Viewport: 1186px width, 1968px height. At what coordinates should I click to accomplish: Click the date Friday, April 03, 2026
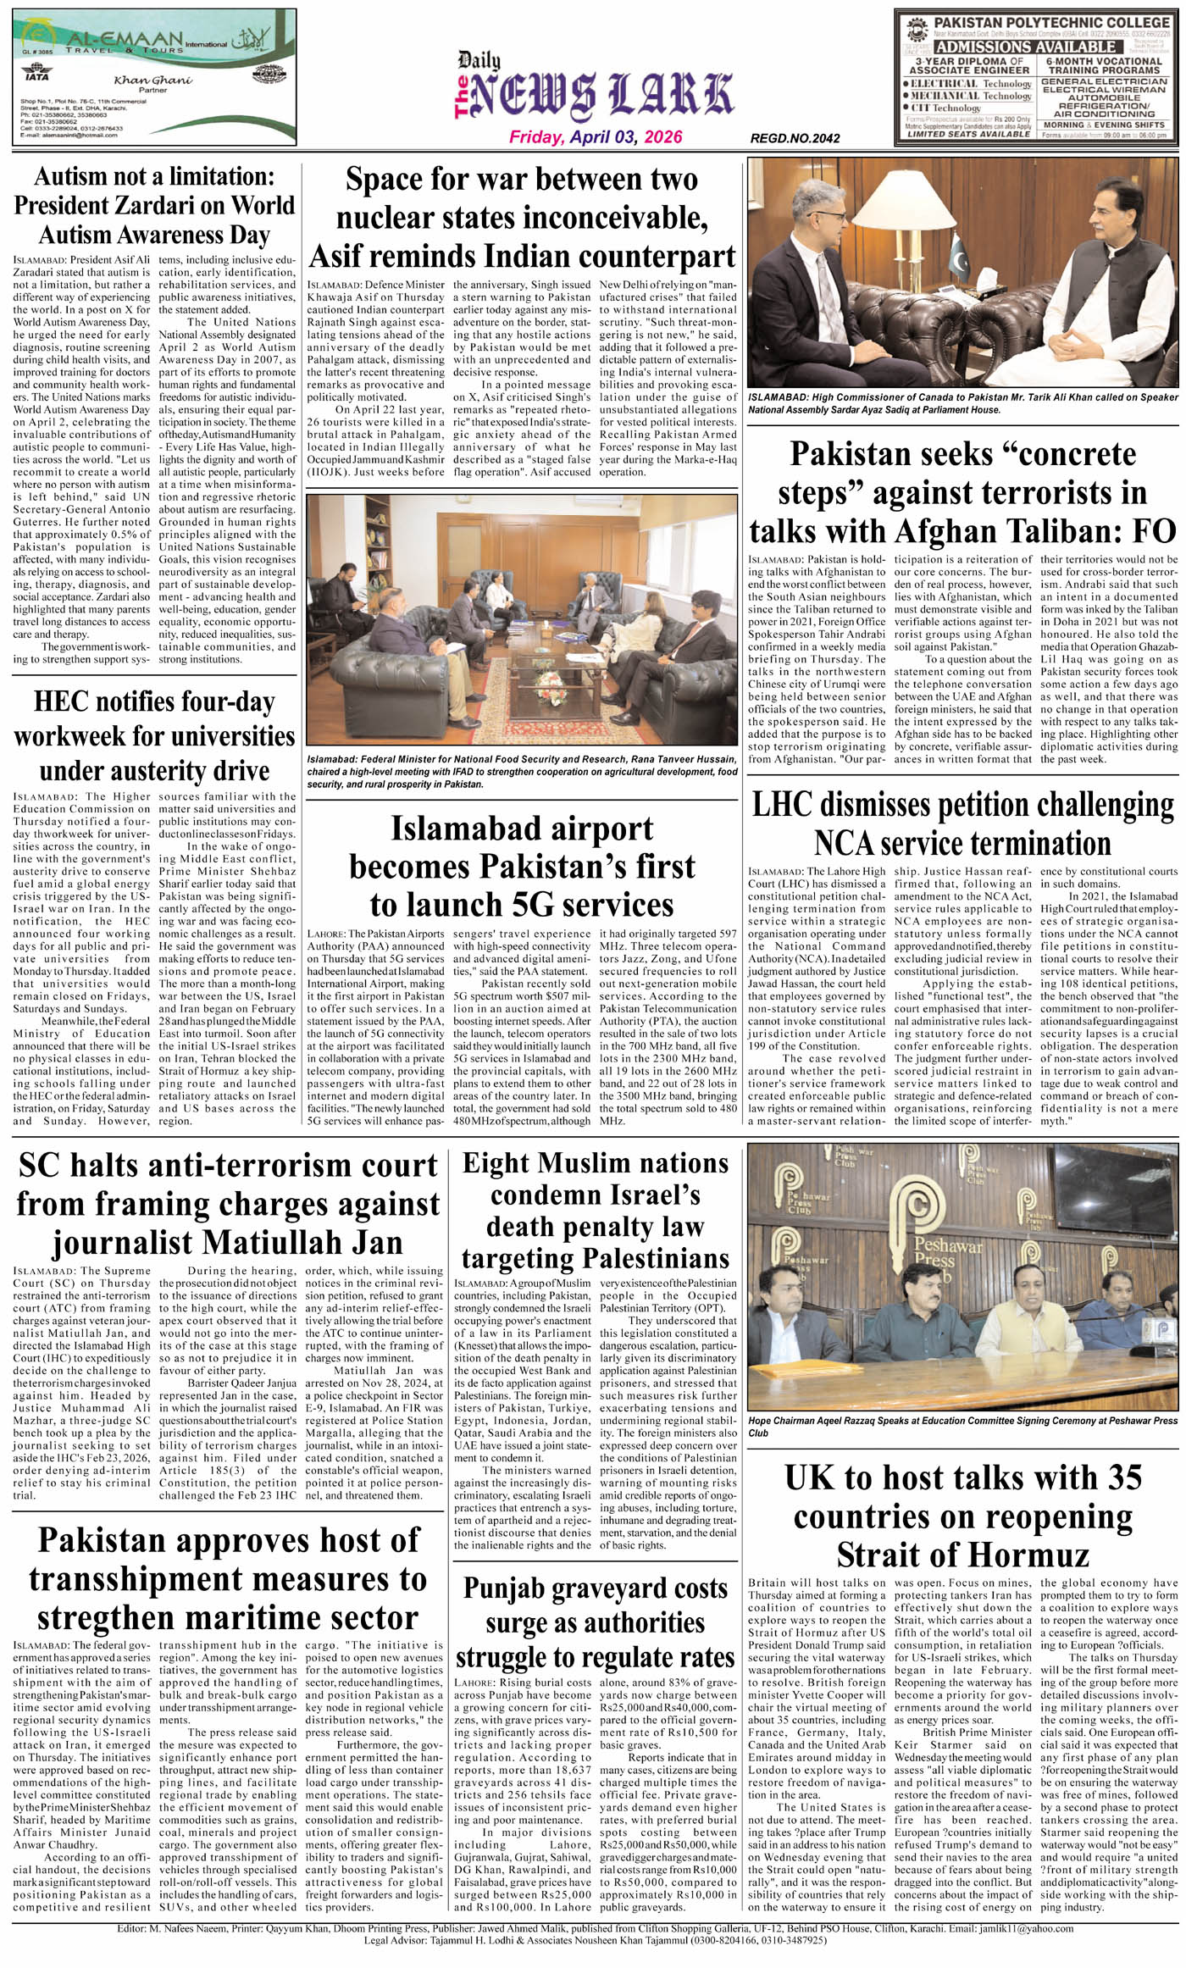tap(595, 137)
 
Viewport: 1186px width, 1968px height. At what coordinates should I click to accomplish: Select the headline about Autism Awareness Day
tap(154, 205)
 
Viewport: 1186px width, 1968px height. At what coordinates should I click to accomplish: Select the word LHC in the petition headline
tap(782, 805)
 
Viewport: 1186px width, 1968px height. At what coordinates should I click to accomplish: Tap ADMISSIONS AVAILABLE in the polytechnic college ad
tap(1025, 47)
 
